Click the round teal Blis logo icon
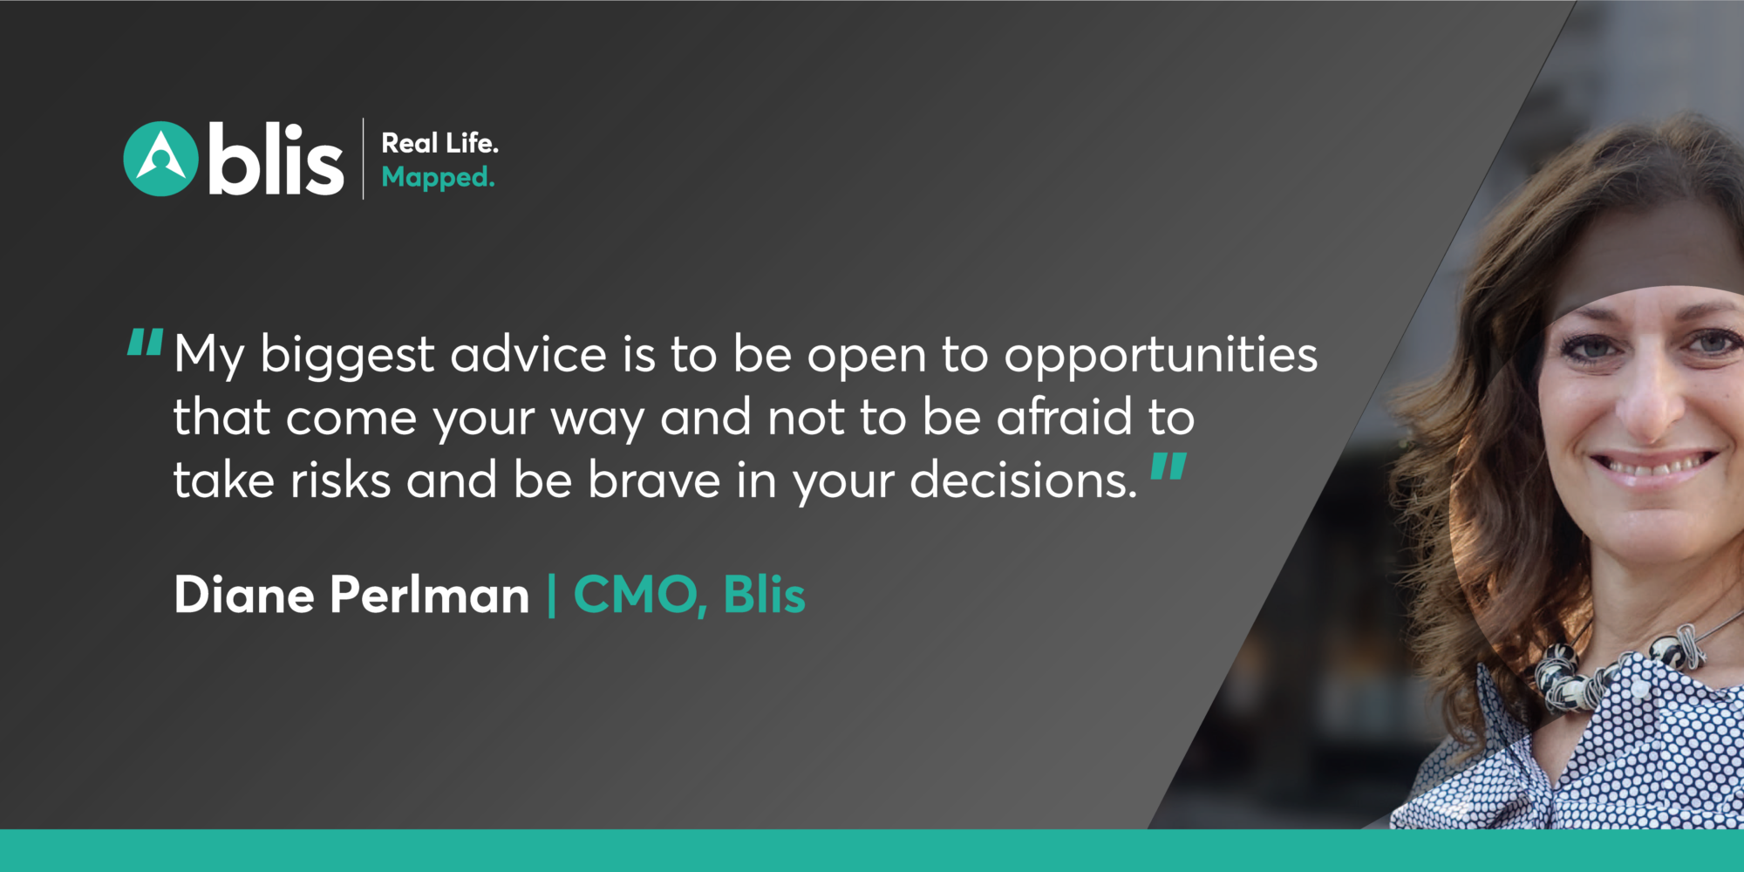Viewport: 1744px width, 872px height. (x=160, y=159)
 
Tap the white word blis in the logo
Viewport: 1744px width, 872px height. (x=276, y=159)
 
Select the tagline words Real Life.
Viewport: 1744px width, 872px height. (x=440, y=143)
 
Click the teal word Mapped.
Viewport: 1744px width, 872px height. (x=438, y=178)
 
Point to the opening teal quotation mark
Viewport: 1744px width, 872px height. (x=145, y=343)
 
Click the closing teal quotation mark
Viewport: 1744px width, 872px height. (x=1168, y=467)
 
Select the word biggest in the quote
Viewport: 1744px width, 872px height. (x=347, y=358)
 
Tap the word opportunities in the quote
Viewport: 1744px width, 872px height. (x=1161, y=358)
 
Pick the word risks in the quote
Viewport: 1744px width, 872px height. (x=340, y=480)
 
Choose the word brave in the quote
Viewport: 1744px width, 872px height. (x=654, y=480)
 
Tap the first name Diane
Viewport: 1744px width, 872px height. (x=244, y=595)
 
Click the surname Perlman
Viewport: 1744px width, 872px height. (x=430, y=595)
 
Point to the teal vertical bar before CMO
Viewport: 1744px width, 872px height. (x=551, y=596)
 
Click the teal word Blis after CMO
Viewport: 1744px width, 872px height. (x=764, y=595)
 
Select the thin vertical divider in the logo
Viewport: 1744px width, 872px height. (x=363, y=159)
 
